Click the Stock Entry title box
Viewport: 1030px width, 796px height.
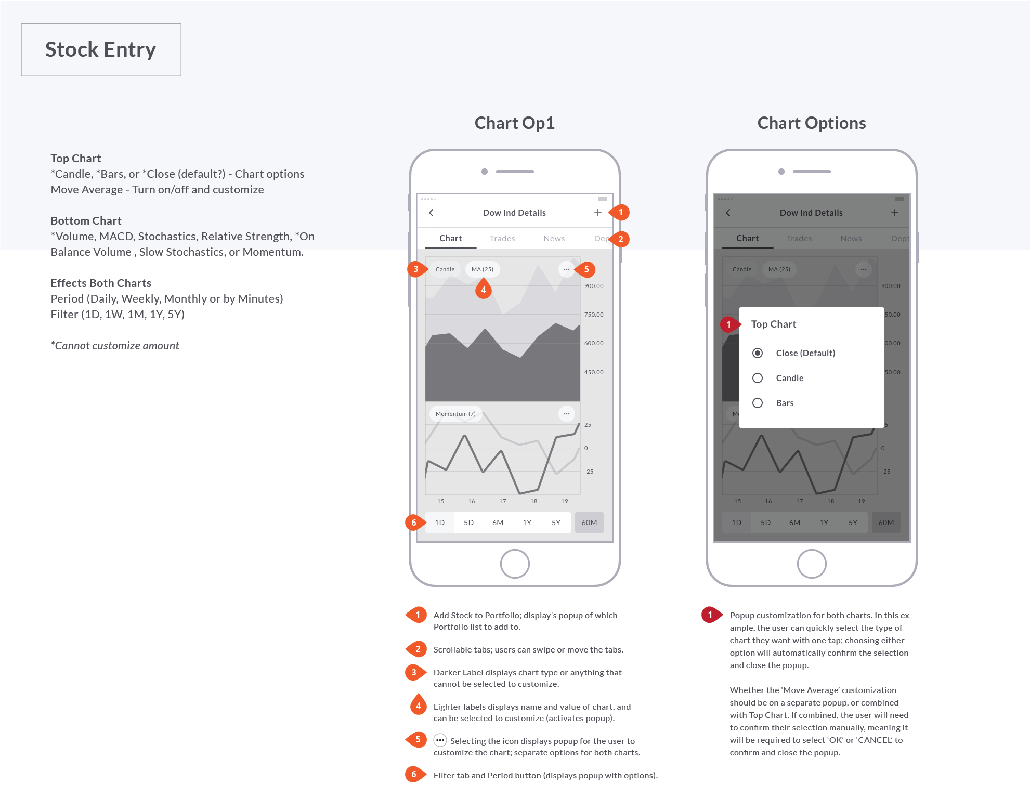pyautogui.click(x=101, y=50)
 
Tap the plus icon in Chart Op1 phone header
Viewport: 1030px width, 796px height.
pyautogui.click(x=597, y=213)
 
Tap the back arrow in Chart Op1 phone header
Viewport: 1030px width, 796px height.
pyautogui.click(x=431, y=213)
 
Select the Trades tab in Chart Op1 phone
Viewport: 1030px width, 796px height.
pyautogui.click(x=502, y=239)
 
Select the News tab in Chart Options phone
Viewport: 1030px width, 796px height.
pyautogui.click(x=851, y=239)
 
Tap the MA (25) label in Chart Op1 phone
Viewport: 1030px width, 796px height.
pyautogui.click(x=482, y=269)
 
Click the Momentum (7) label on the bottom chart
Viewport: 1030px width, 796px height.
pyautogui.click(x=455, y=414)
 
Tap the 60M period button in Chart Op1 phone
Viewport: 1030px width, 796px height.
pyautogui.click(x=589, y=523)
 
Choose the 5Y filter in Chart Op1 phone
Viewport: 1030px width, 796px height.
pyautogui.click(x=556, y=523)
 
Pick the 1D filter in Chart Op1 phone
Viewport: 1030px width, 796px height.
pyautogui.click(x=439, y=523)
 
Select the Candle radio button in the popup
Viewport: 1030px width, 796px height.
pyautogui.click(x=758, y=378)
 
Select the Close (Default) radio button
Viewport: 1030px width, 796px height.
pyautogui.click(x=758, y=353)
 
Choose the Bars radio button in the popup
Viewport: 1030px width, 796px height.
pyautogui.click(x=758, y=403)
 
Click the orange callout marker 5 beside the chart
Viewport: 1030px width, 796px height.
pyautogui.click(x=586, y=269)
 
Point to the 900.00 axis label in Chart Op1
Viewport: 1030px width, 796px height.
pyautogui.click(x=594, y=286)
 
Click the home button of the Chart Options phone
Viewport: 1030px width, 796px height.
pyautogui.click(x=811, y=564)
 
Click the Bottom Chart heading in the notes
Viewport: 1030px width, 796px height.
pyautogui.click(x=86, y=221)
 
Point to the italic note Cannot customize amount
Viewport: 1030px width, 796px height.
pyautogui.click(x=115, y=346)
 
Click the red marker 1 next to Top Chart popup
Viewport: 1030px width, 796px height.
pyautogui.click(x=729, y=324)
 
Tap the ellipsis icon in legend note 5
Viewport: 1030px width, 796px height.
pyautogui.click(x=440, y=740)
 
